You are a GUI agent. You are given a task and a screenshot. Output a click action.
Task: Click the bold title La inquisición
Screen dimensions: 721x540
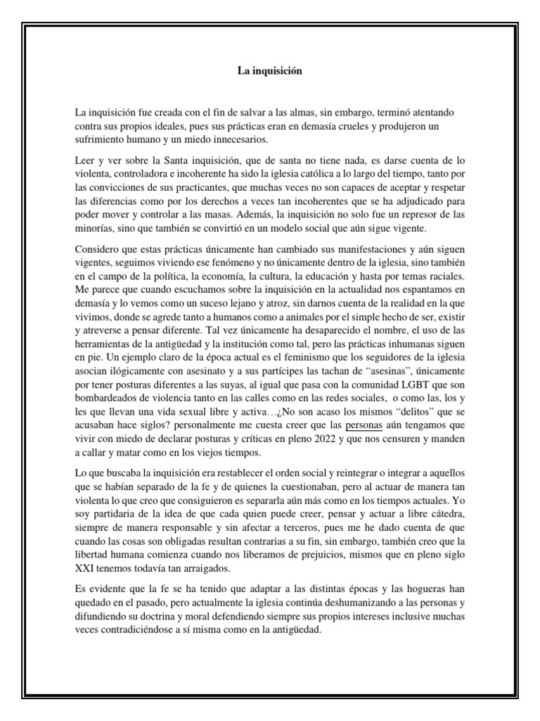tap(270, 71)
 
